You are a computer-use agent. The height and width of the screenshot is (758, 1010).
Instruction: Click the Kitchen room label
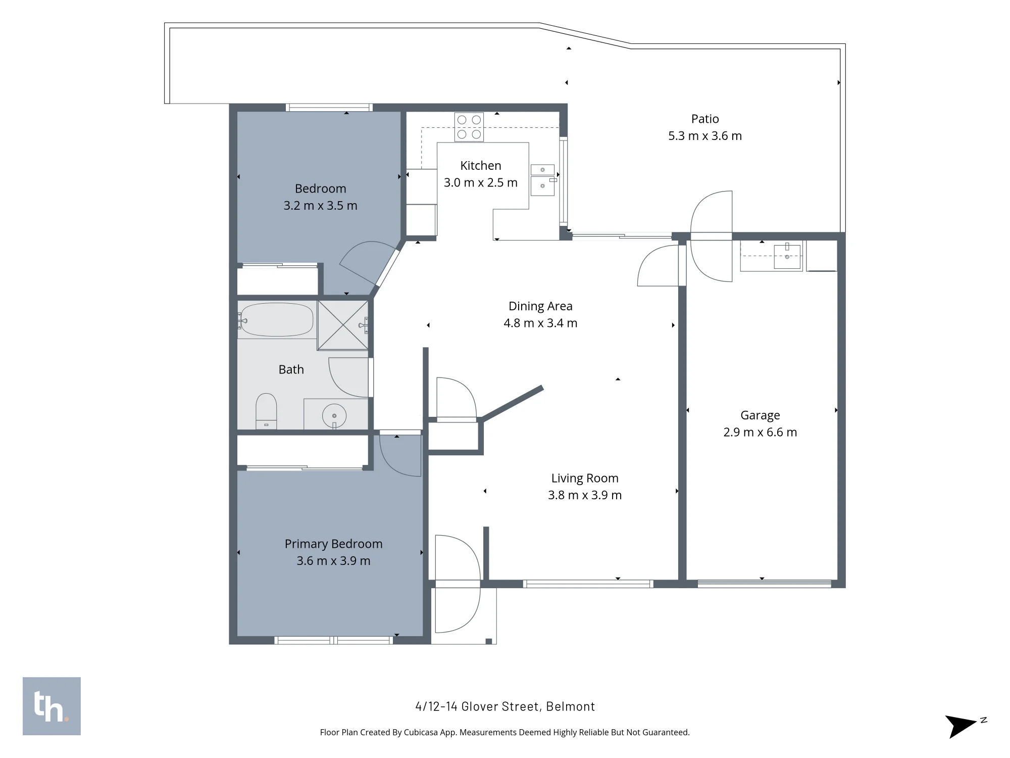[481, 166]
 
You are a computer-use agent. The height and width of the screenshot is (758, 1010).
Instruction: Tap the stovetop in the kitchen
[469, 127]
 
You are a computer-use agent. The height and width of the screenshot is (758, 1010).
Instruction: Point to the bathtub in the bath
[276, 319]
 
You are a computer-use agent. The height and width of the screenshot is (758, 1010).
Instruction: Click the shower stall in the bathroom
[343, 325]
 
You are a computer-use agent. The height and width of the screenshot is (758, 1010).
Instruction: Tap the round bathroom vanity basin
[334, 416]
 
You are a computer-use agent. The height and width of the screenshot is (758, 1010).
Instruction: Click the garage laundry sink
[787, 256]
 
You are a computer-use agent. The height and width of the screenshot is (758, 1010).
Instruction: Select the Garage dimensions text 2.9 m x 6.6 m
[760, 432]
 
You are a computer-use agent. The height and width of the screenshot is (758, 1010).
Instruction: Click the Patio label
[705, 119]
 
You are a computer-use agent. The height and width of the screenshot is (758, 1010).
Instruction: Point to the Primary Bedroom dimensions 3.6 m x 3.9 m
[333, 560]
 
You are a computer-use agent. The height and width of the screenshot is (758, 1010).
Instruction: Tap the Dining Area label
[540, 306]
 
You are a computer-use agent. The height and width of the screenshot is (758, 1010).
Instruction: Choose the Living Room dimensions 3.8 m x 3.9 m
[585, 495]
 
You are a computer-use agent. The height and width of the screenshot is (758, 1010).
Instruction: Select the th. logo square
[52, 706]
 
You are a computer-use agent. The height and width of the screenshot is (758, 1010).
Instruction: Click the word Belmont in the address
[571, 706]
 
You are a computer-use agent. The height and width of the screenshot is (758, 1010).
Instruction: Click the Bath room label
[291, 369]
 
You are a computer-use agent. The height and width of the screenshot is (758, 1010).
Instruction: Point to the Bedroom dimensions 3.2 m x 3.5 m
[320, 206]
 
